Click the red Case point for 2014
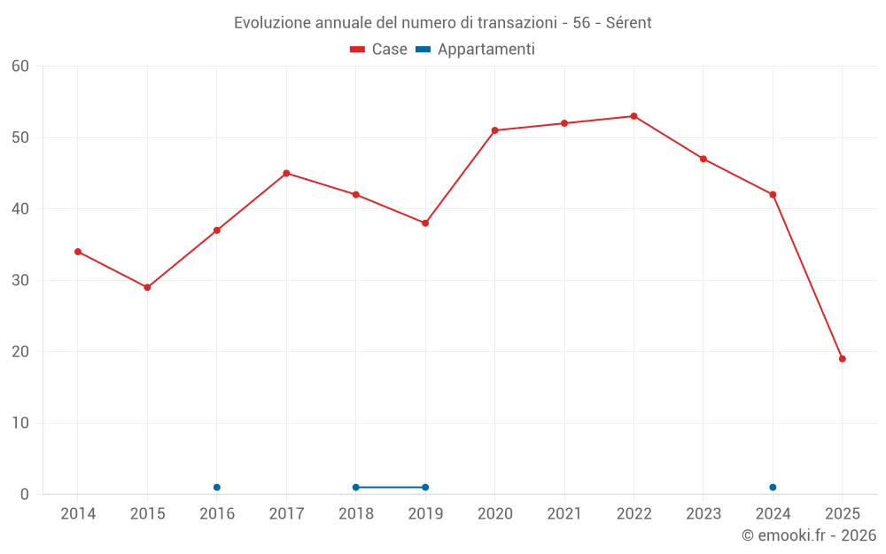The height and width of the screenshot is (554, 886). (x=78, y=252)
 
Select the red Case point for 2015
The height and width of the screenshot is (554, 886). (x=147, y=287)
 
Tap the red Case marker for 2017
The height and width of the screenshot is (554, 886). (x=286, y=173)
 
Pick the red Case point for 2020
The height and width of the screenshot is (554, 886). (x=494, y=130)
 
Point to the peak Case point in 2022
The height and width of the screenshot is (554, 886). (x=633, y=116)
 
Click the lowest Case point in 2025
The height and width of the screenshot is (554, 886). (x=843, y=359)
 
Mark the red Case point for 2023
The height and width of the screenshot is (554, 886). (x=703, y=159)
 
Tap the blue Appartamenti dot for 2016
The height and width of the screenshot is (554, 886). (x=217, y=488)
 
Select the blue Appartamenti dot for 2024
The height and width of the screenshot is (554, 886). (x=773, y=488)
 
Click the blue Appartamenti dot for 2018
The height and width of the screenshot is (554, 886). (x=356, y=488)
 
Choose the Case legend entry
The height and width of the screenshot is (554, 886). (x=379, y=50)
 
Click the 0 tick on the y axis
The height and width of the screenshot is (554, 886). (x=26, y=495)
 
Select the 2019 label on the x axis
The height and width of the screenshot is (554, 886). (x=425, y=514)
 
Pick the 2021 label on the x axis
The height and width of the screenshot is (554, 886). (x=564, y=514)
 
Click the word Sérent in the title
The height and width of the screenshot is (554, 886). (x=627, y=23)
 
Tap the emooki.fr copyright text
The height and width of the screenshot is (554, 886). (x=809, y=535)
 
